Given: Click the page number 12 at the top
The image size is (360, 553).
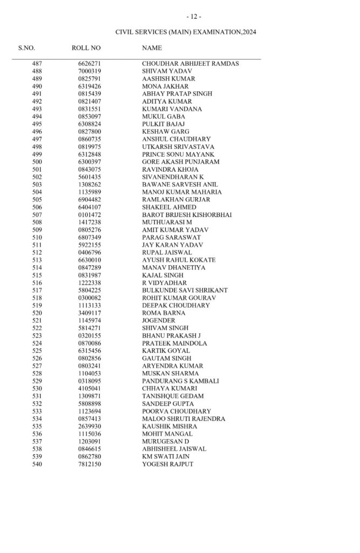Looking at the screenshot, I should (x=193, y=17).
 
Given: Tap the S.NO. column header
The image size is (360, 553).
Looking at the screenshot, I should (x=26, y=49).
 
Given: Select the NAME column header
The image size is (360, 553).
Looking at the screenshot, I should (x=152, y=49).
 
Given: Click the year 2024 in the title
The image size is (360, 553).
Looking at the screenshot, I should (x=249, y=32).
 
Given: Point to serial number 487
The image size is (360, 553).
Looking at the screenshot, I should (x=37, y=64).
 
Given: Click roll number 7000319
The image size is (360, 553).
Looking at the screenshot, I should (x=89, y=71).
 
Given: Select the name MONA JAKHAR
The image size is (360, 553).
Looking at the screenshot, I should (x=165, y=86).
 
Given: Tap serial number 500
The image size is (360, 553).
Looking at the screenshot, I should (x=37, y=162).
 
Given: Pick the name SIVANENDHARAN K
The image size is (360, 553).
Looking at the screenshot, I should (x=173, y=177).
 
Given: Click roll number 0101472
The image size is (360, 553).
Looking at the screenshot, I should (x=89, y=215).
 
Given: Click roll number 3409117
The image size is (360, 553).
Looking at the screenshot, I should (x=89, y=313).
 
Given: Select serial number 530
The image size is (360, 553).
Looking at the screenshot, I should (x=37, y=389).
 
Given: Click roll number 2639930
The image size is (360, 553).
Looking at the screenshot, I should (x=89, y=427).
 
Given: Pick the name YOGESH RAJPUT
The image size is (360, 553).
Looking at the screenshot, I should (x=167, y=464).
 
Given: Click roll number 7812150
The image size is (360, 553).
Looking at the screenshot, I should (x=89, y=464).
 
